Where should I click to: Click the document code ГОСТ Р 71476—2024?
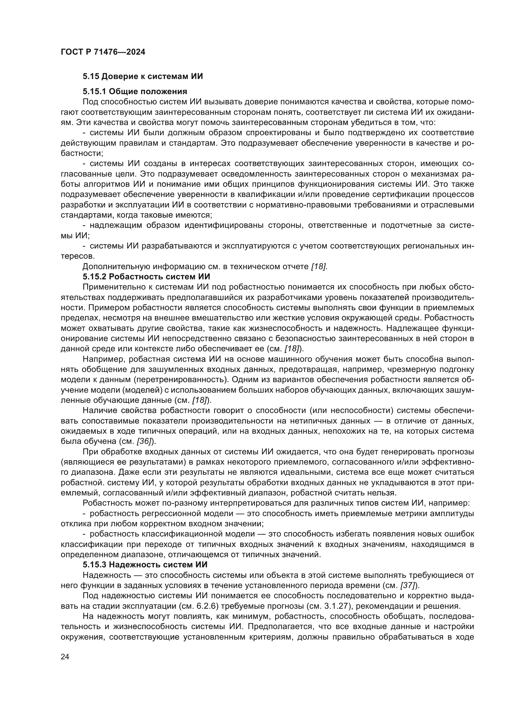click(x=103, y=52)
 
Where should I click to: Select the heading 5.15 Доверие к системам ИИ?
click(x=142, y=77)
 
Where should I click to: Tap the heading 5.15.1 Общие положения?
click(x=135, y=91)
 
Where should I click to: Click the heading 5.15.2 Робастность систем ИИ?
click(x=146, y=277)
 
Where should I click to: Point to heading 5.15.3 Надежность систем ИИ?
click(x=145, y=565)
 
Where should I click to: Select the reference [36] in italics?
click(x=144, y=441)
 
